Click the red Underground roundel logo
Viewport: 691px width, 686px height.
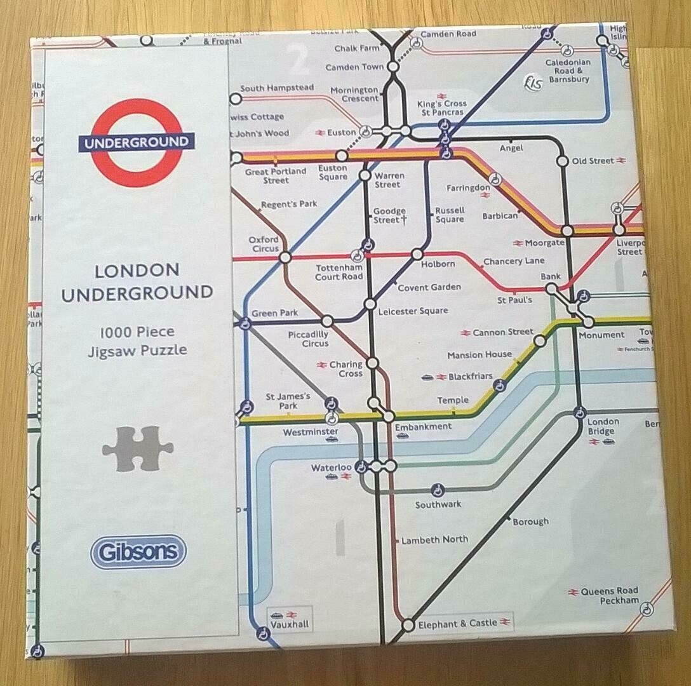point(137,142)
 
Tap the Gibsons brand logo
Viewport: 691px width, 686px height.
point(138,551)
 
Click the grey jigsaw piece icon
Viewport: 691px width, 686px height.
point(138,448)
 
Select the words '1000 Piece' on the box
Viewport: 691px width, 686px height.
point(137,332)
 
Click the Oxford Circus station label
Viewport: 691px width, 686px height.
point(264,244)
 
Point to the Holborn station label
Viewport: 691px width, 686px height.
point(437,264)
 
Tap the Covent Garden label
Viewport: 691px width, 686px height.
point(429,288)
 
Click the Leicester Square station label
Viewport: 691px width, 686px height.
point(413,311)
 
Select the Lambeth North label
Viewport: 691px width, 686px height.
point(434,540)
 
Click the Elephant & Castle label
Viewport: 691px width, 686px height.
point(457,623)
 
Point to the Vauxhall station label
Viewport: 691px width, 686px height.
point(290,624)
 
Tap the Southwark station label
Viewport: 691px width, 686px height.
point(438,505)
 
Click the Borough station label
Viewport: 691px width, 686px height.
point(530,521)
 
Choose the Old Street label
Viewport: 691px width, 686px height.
point(593,161)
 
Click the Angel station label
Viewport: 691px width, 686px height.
point(511,148)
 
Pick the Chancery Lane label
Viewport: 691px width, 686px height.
point(514,262)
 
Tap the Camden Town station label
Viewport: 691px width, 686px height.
point(354,67)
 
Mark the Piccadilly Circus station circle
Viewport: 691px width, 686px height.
point(327,321)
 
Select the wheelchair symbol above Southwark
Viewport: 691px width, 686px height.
point(437,490)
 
